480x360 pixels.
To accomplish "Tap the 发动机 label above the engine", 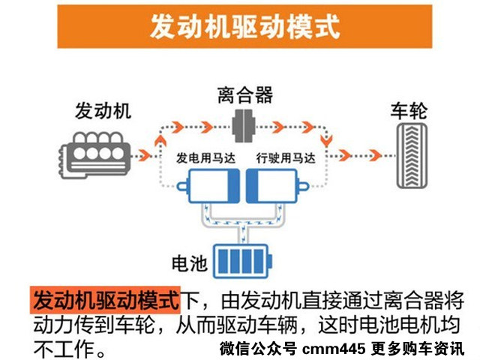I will [x=103, y=112].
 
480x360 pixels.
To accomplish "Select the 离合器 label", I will [x=244, y=95].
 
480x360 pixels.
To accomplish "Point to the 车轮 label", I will [x=408, y=112].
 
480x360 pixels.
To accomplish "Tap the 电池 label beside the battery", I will [x=190, y=263].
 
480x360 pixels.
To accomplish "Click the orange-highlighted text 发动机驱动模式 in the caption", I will [x=106, y=300].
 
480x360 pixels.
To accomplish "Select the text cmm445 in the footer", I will [x=334, y=349].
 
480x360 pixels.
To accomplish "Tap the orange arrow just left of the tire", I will [x=345, y=155].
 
